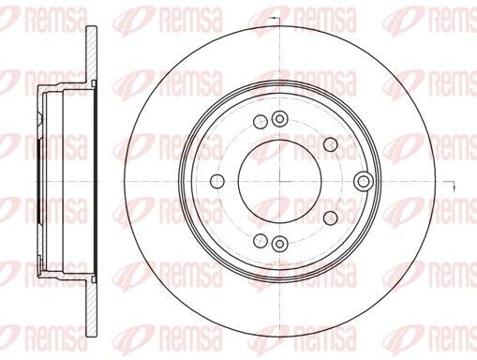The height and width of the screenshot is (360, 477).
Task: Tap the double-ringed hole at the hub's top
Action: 278,118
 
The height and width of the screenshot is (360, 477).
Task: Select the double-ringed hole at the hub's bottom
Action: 278,244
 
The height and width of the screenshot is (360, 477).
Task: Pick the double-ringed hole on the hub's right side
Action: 363,180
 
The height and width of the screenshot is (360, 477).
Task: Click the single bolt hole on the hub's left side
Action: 217,181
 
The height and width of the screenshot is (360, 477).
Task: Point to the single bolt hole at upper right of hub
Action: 330,143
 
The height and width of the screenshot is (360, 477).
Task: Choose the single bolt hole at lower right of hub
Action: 330,217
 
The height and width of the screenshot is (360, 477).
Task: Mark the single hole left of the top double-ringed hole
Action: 260,123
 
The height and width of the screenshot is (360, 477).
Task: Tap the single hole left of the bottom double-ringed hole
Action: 260,238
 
